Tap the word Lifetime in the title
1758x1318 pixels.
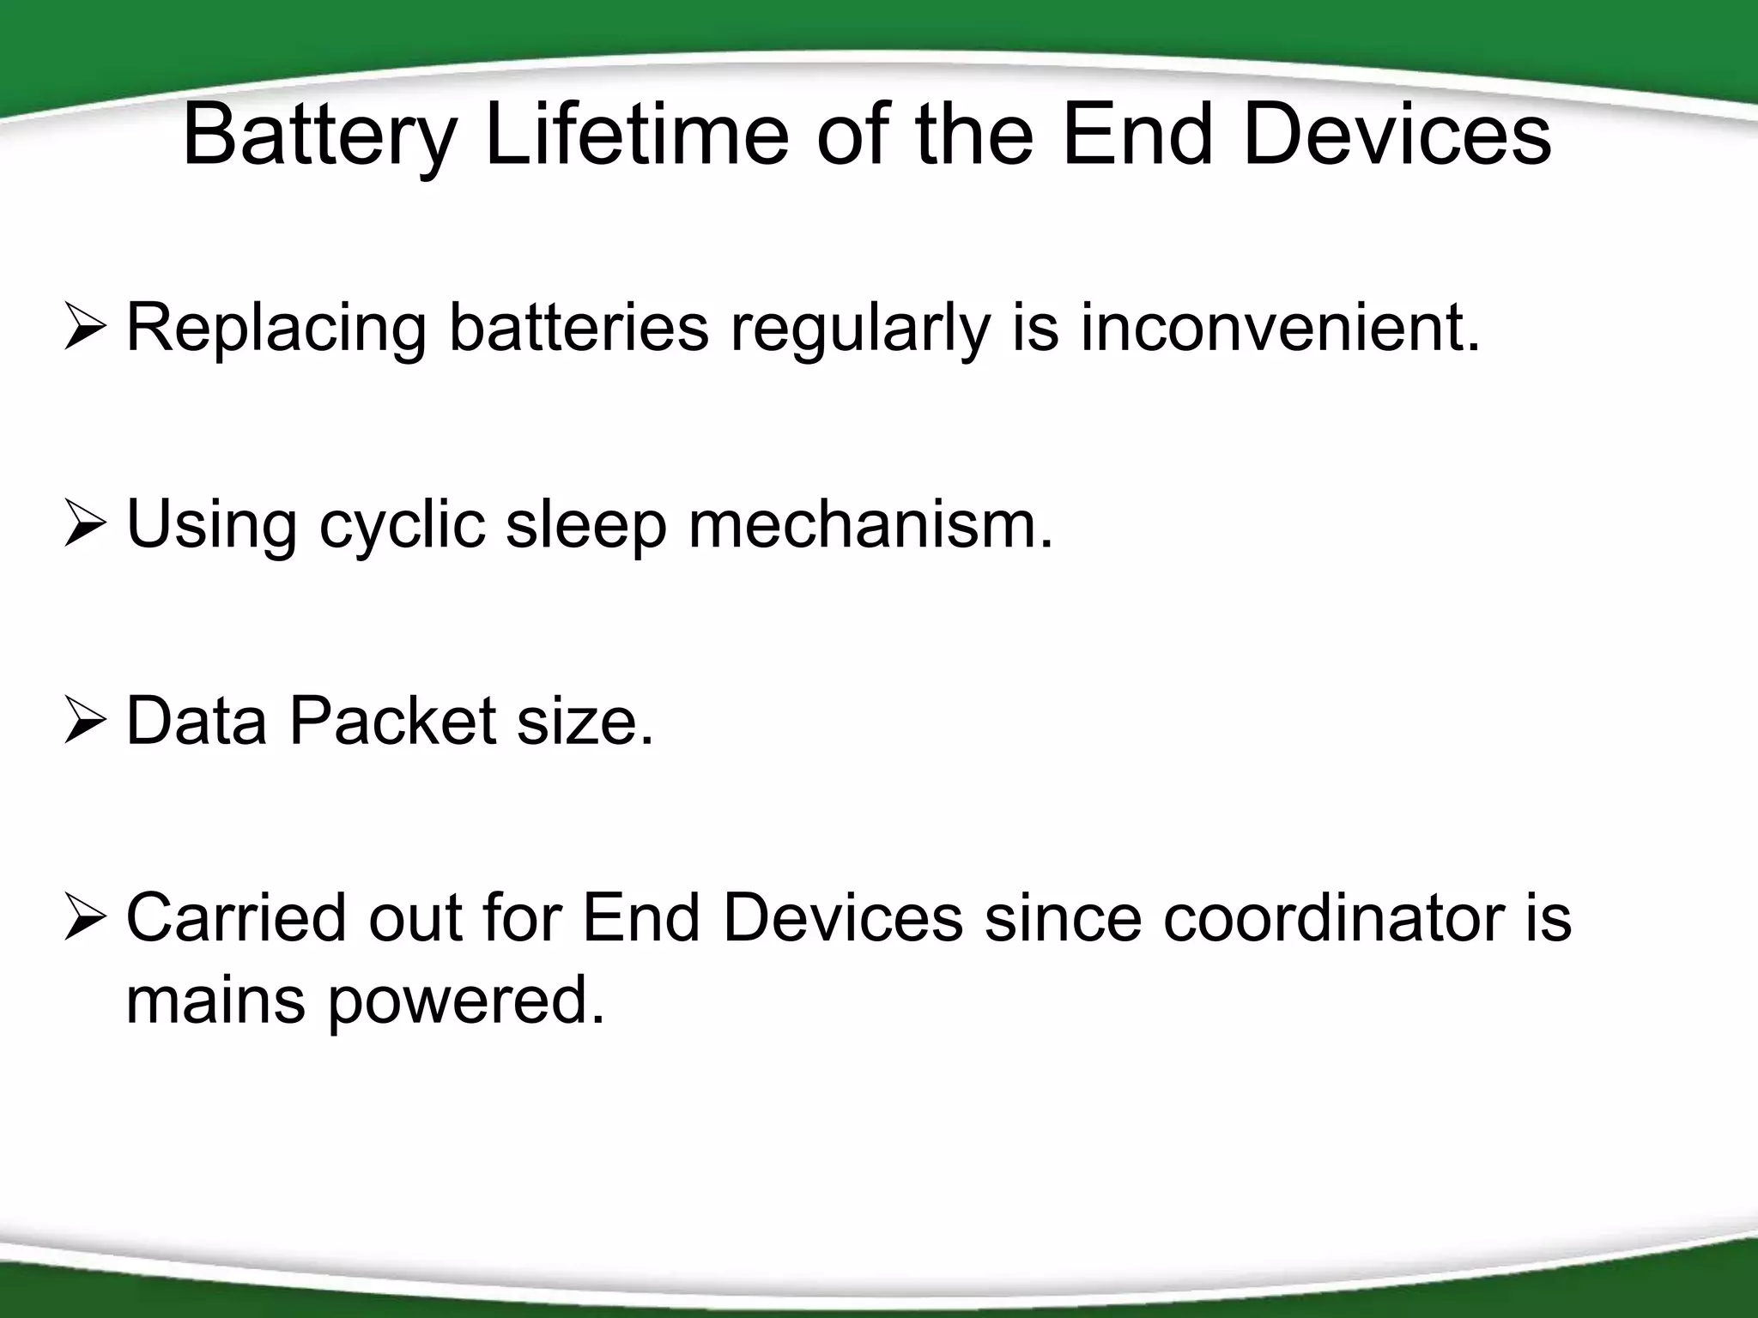tap(636, 136)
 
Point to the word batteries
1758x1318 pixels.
tap(579, 328)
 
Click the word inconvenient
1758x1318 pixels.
tap(1280, 328)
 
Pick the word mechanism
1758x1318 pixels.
tap(870, 524)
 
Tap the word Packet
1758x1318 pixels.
tap(392, 721)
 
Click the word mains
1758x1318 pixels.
tap(215, 1001)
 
